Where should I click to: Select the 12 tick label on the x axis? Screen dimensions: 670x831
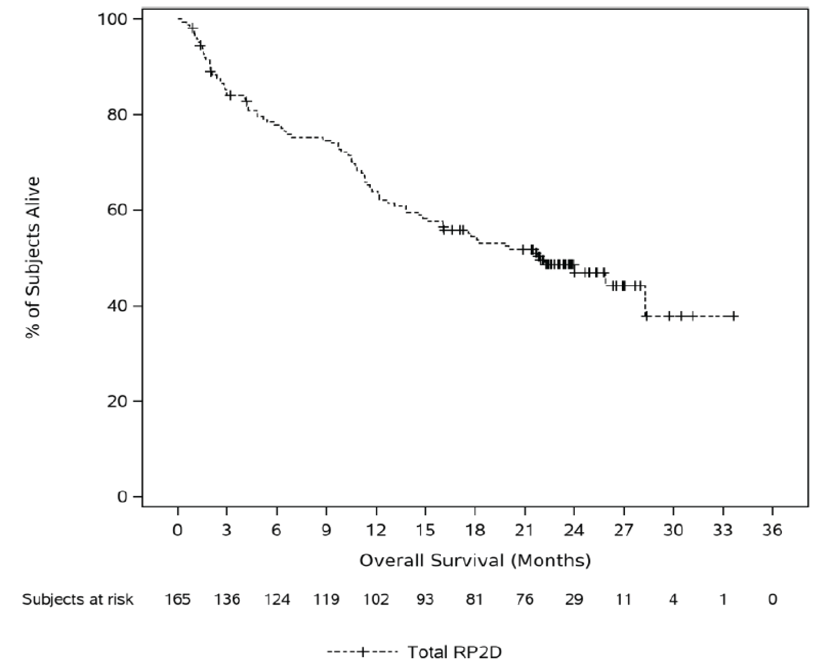click(376, 530)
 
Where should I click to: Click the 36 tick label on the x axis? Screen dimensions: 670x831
click(772, 530)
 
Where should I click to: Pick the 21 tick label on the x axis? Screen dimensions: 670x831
click(524, 530)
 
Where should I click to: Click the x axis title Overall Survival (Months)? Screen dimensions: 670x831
click(475, 560)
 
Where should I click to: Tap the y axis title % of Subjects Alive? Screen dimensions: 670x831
click(33, 257)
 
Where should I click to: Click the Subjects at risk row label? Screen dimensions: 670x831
click(78, 599)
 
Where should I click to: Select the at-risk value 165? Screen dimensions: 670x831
click(178, 599)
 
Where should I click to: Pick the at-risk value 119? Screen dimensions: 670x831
click(326, 599)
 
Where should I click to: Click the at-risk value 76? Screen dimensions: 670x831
click(524, 599)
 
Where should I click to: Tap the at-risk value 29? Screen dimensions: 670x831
click(574, 599)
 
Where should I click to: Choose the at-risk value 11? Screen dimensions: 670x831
click(623, 599)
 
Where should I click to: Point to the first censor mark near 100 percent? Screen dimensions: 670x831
click(192, 28)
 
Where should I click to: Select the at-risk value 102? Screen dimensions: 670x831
click(376, 599)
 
